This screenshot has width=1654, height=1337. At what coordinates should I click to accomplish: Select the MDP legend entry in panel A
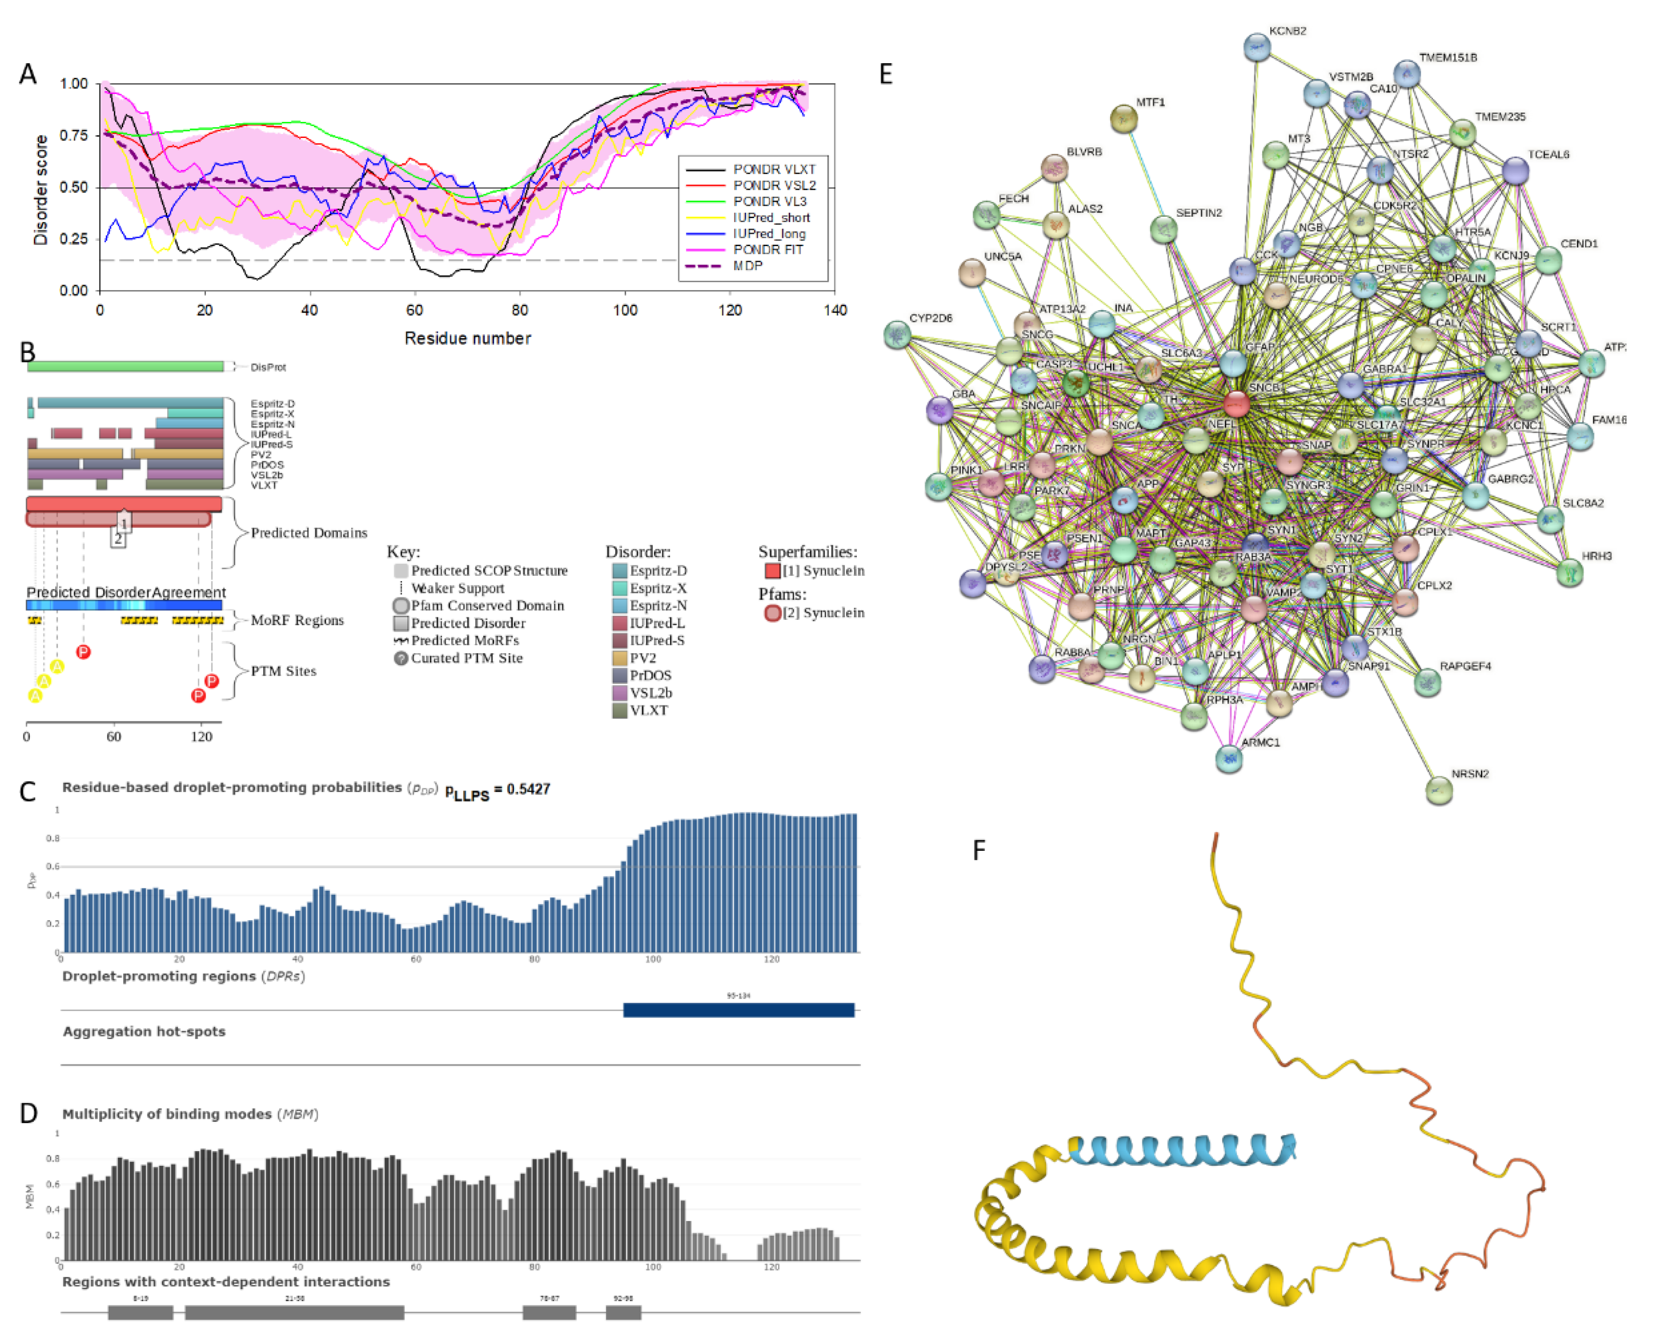point(747,266)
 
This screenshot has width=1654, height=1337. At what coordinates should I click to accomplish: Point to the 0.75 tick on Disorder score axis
point(75,136)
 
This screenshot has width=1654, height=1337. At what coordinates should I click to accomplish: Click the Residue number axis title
point(468,338)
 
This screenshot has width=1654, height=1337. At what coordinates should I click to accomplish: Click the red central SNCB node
point(1237,403)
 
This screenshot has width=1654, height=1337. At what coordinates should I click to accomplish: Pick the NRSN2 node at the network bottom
point(1438,790)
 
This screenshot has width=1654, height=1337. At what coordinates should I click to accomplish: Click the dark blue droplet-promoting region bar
point(738,1010)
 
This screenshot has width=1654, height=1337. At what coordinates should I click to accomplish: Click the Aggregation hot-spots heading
point(144,1031)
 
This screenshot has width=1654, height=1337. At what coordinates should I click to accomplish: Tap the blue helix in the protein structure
point(1178,1150)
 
